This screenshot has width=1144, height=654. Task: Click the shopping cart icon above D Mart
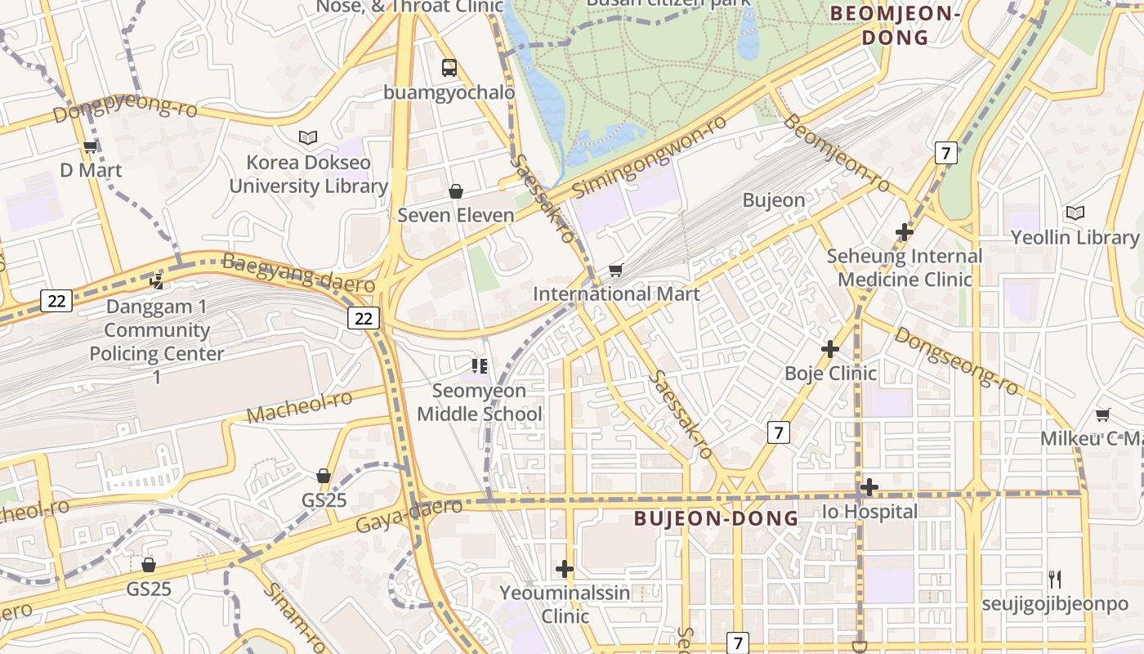(90, 147)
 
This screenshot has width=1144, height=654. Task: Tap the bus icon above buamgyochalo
(449, 68)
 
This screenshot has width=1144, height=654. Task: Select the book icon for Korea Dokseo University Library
(308, 137)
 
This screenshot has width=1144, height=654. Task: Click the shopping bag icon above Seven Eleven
(456, 191)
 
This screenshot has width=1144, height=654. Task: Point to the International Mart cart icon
(616, 270)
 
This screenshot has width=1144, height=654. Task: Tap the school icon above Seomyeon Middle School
(479, 365)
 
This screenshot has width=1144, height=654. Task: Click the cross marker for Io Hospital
(869, 488)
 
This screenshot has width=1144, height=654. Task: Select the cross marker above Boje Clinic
(830, 349)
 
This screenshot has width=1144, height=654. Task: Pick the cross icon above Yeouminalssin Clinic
(565, 569)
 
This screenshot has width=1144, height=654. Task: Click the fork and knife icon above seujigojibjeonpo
(1055, 580)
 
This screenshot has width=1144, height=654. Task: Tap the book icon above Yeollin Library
(1075, 213)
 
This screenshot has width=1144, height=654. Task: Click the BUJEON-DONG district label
(716, 518)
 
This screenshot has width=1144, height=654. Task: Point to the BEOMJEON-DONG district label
(894, 25)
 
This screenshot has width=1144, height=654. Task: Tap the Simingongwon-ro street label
(650, 156)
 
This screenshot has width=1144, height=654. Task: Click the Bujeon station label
(774, 200)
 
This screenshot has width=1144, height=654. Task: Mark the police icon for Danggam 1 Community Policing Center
(156, 282)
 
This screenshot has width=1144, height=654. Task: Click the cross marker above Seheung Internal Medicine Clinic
(904, 232)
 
